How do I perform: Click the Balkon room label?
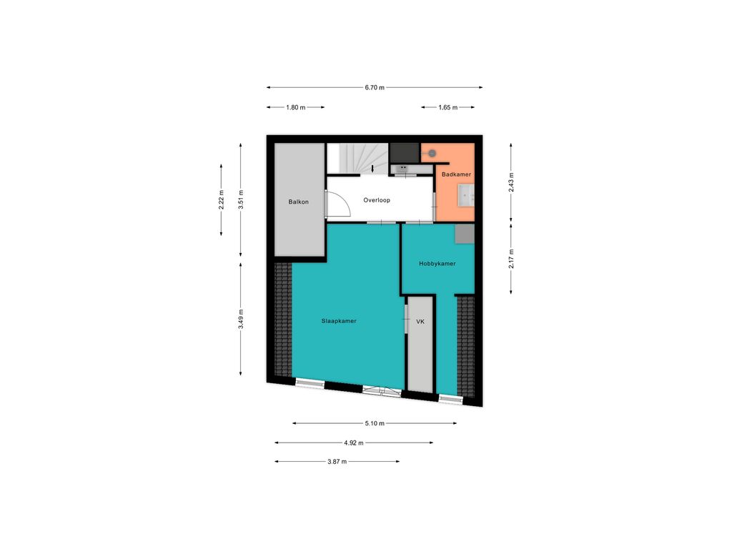coord(298,202)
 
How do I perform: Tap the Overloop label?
coord(377,200)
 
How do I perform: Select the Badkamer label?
coord(456,174)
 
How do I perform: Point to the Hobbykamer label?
coord(437,263)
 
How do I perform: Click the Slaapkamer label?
coord(339,321)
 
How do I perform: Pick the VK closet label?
coord(420,322)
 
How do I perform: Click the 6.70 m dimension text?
coord(375,87)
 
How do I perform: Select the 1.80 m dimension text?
coord(295,107)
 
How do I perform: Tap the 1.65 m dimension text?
coord(447,107)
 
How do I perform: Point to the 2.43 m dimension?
coord(511,182)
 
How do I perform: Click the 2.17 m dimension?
coord(511,259)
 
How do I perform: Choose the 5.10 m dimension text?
coord(375,423)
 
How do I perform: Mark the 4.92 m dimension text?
coord(353,442)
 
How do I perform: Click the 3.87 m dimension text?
coord(337,462)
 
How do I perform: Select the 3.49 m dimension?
coord(241,320)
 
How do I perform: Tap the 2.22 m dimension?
coord(222,200)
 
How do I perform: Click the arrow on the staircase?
coord(372,169)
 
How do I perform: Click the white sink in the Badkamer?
coord(466,194)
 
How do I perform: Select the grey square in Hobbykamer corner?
coord(465,234)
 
